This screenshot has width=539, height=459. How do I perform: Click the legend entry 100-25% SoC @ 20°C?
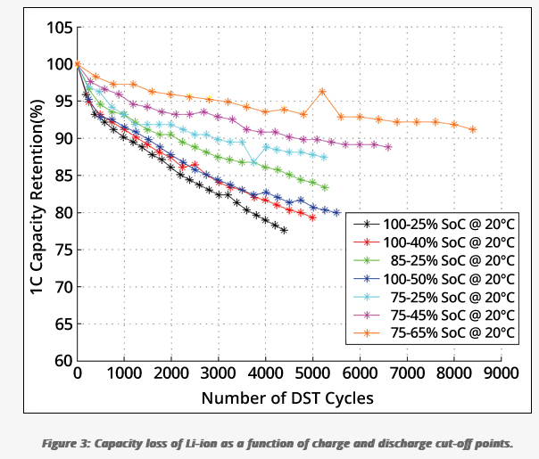pos(434,225)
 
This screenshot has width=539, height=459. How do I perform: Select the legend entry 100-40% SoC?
pos(434,242)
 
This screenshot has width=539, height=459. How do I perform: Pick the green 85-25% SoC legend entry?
pos(434,260)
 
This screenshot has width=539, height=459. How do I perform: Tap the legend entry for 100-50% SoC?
pos(434,279)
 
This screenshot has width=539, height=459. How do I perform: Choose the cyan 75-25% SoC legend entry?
pos(434,297)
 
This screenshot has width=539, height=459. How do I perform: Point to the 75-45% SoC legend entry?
pos(434,315)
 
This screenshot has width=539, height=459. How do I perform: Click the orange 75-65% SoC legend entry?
pos(434,332)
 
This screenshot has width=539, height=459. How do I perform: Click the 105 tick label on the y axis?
pos(60,28)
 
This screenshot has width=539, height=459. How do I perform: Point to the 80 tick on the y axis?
pos(64,212)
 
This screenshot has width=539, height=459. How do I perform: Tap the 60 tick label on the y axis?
pos(64,360)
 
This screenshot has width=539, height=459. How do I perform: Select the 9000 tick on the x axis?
pos(501,373)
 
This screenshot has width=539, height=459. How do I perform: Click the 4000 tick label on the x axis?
pos(265,373)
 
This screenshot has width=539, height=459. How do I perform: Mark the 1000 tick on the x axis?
pos(124,373)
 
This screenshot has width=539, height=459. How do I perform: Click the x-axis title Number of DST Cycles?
pos(287,398)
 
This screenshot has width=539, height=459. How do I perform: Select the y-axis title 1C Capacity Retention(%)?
pos(37,196)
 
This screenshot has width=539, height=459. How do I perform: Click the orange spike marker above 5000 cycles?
pos(322,91)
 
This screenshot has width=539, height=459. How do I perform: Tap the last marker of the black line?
pos(284,230)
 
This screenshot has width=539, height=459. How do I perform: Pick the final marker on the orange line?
pos(473,129)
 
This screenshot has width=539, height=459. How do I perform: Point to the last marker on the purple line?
pos(388,147)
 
